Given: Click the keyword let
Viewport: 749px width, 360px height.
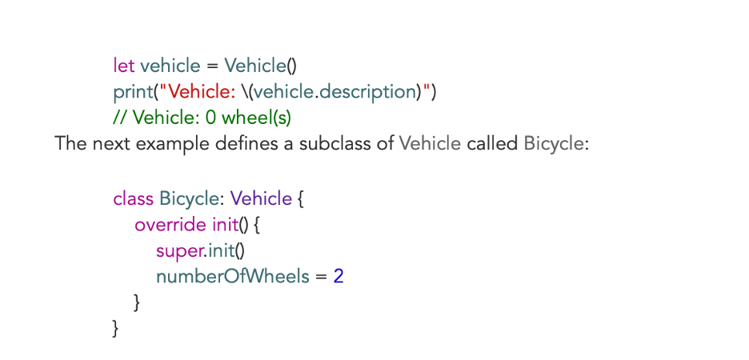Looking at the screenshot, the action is (x=124, y=66).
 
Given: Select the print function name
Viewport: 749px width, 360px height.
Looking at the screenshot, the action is (x=134, y=92).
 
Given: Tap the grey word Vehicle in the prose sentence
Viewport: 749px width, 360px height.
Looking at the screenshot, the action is (x=430, y=145).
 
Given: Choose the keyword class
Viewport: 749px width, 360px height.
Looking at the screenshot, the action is (x=134, y=198).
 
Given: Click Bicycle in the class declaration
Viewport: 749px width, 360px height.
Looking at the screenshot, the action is (x=189, y=198).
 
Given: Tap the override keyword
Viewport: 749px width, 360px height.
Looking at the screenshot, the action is (x=170, y=225).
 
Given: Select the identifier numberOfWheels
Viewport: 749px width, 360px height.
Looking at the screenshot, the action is (x=232, y=278).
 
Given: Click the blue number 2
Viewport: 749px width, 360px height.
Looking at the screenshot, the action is (x=338, y=278).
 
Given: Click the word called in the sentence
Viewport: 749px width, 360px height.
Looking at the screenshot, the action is (x=492, y=145).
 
